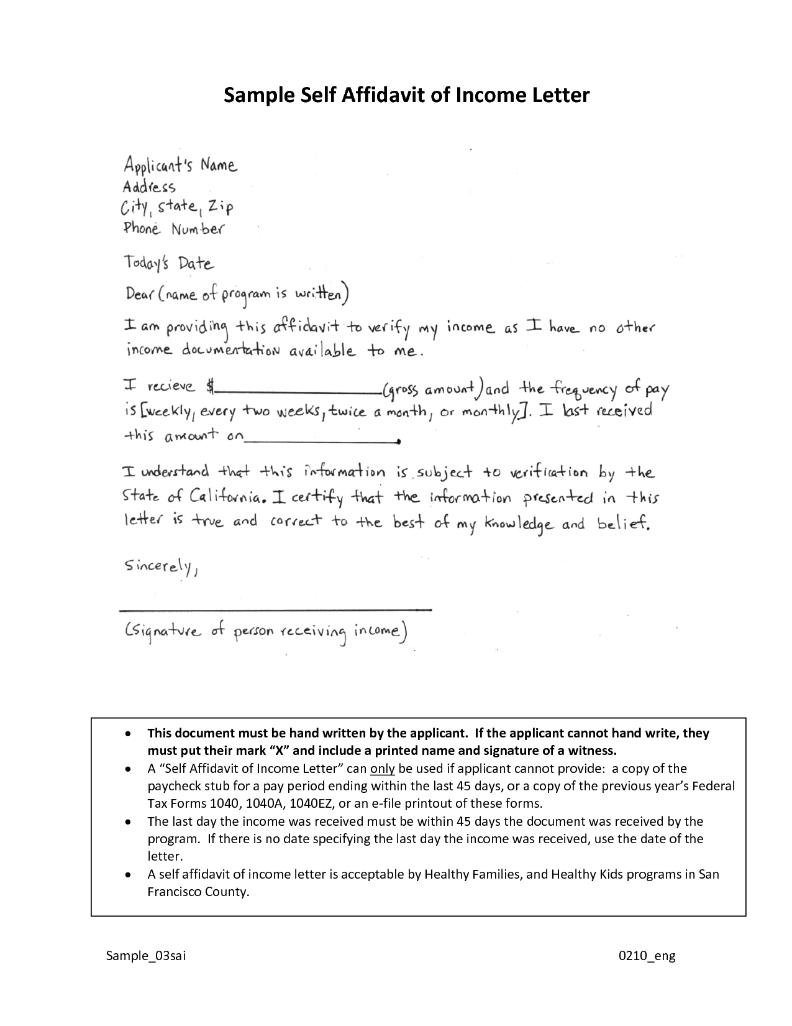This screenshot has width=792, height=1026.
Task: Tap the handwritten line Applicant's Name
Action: [180, 166]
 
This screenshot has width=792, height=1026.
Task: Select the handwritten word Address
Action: [149, 187]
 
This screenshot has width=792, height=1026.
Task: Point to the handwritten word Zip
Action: [222, 207]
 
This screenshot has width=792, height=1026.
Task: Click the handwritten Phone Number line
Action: [173, 229]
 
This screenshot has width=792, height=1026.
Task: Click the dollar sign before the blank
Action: [209, 387]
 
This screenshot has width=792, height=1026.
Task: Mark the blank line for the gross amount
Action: [297, 392]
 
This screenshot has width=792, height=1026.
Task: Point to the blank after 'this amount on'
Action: [321, 441]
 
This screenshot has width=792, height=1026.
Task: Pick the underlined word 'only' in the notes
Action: [382, 769]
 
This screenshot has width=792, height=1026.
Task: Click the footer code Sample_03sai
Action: [146, 956]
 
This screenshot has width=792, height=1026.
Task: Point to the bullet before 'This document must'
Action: [127, 734]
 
